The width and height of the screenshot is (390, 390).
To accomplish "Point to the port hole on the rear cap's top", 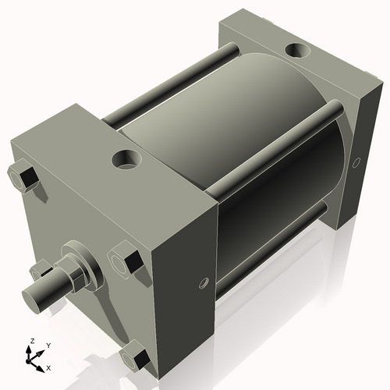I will click(x=299, y=51).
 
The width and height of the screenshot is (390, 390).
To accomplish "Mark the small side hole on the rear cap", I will click(x=356, y=162).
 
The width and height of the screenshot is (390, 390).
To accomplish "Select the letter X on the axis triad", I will click(x=48, y=367).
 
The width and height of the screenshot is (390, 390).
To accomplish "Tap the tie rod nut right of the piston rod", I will click(x=126, y=259).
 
